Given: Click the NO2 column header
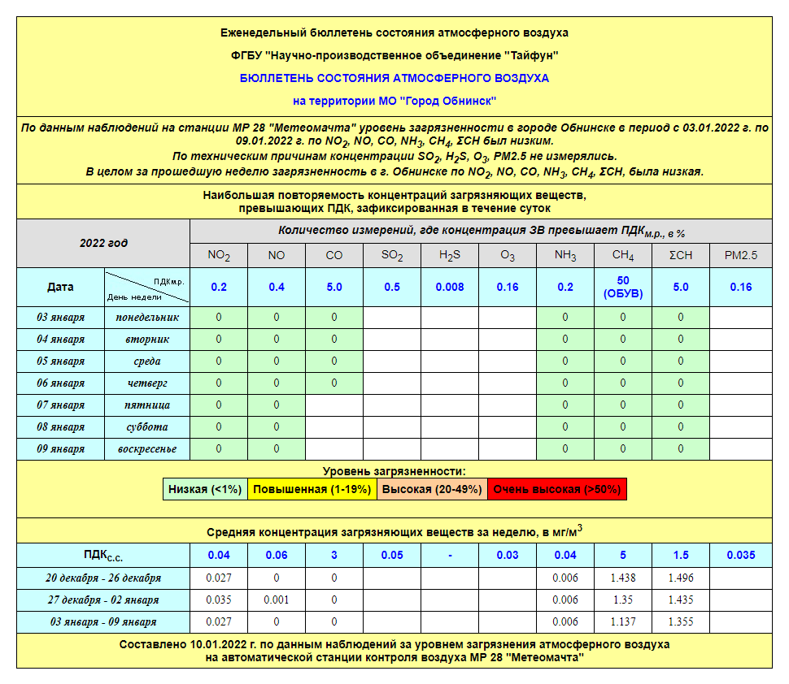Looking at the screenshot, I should [x=218, y=255].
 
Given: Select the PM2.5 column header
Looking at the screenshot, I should [x=740, y=255].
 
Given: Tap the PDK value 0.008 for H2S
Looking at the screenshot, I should [x=450, y=287].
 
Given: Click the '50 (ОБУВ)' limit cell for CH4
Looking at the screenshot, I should [x=623, y=287].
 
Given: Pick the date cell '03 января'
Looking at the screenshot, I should [x=61, y=317].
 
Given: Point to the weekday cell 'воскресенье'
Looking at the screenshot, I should [x=147, y=448].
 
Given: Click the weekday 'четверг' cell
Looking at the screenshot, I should [x=147, y=383].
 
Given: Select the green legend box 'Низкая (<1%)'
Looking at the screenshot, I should [x=205, y=489].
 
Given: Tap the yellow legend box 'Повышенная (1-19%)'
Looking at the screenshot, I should [x=312, y=489].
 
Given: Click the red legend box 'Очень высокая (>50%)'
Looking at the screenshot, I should [x=557, y=489].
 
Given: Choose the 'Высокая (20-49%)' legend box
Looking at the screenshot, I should [x=432, y=489].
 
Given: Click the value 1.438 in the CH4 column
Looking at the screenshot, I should [x=623, y=578].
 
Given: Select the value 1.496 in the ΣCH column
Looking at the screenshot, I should [x=681, y=578].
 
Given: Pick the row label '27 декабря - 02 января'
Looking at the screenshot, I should [x=102, y=600].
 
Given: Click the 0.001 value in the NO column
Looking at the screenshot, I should [x=277, y=600].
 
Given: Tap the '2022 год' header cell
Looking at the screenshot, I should [x=103, y=243].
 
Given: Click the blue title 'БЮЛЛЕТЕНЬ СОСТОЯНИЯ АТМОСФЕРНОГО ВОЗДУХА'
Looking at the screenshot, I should [x=394, y=79].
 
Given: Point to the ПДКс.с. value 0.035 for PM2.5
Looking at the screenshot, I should [x=740, y=555].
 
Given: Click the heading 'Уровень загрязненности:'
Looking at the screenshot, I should [x=394, y=471].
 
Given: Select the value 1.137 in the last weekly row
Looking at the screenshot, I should [x=623, y=621].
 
